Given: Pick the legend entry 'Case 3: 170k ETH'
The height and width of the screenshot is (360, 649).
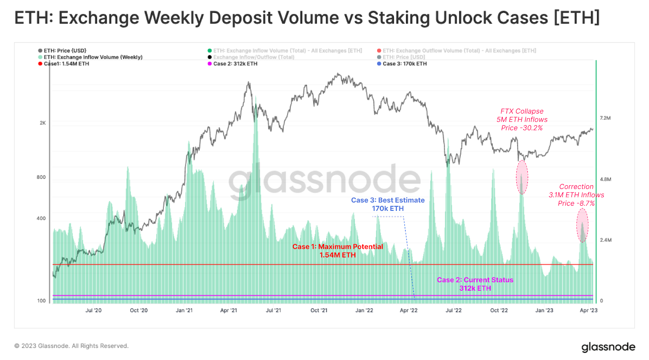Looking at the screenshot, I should pos(404,64).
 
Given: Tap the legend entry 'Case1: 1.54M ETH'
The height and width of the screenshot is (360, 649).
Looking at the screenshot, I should pos(66,64).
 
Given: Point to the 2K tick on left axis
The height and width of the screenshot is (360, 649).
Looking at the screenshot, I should pos(43,123).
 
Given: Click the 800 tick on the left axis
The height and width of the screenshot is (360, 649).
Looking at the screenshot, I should pos(41,177).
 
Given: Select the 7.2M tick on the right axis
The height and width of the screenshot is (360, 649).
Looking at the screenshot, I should pos(605,118).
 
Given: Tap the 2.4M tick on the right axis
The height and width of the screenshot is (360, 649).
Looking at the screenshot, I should pos(606,240).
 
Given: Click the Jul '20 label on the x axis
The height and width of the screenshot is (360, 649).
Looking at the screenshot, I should pos(93,310).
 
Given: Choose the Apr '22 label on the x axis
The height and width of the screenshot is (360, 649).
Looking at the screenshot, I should pos(408,310).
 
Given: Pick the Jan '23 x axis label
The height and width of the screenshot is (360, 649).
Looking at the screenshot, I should pos(544,310).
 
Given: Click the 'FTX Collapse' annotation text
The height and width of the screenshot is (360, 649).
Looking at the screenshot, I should pos(522,111).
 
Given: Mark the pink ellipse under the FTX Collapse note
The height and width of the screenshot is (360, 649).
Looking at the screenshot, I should pos(522,177).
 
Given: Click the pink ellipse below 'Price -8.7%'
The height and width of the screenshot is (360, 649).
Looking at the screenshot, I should pos(582,225).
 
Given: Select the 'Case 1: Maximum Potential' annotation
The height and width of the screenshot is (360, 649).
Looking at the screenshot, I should pos(337,246).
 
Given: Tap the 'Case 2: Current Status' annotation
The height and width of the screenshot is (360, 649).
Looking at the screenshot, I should pos(475,280).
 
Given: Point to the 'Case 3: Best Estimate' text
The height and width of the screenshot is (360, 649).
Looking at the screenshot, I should pos(388,200).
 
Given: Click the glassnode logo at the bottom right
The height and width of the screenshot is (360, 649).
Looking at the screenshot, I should pos(608,347).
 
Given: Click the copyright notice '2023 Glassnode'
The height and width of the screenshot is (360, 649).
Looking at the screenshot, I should pos(71,346).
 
